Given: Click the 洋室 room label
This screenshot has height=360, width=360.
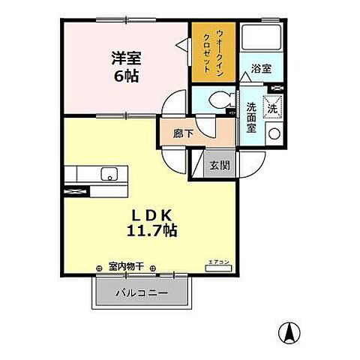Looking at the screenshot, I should tap(126, 57).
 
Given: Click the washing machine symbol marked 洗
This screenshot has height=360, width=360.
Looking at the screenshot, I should tap(273, 107).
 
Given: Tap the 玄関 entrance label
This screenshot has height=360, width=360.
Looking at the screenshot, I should tap(219, 165).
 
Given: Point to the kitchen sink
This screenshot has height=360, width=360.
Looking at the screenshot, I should tap(109, 175).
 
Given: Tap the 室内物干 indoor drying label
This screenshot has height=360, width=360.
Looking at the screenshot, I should tap(125, 266).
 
